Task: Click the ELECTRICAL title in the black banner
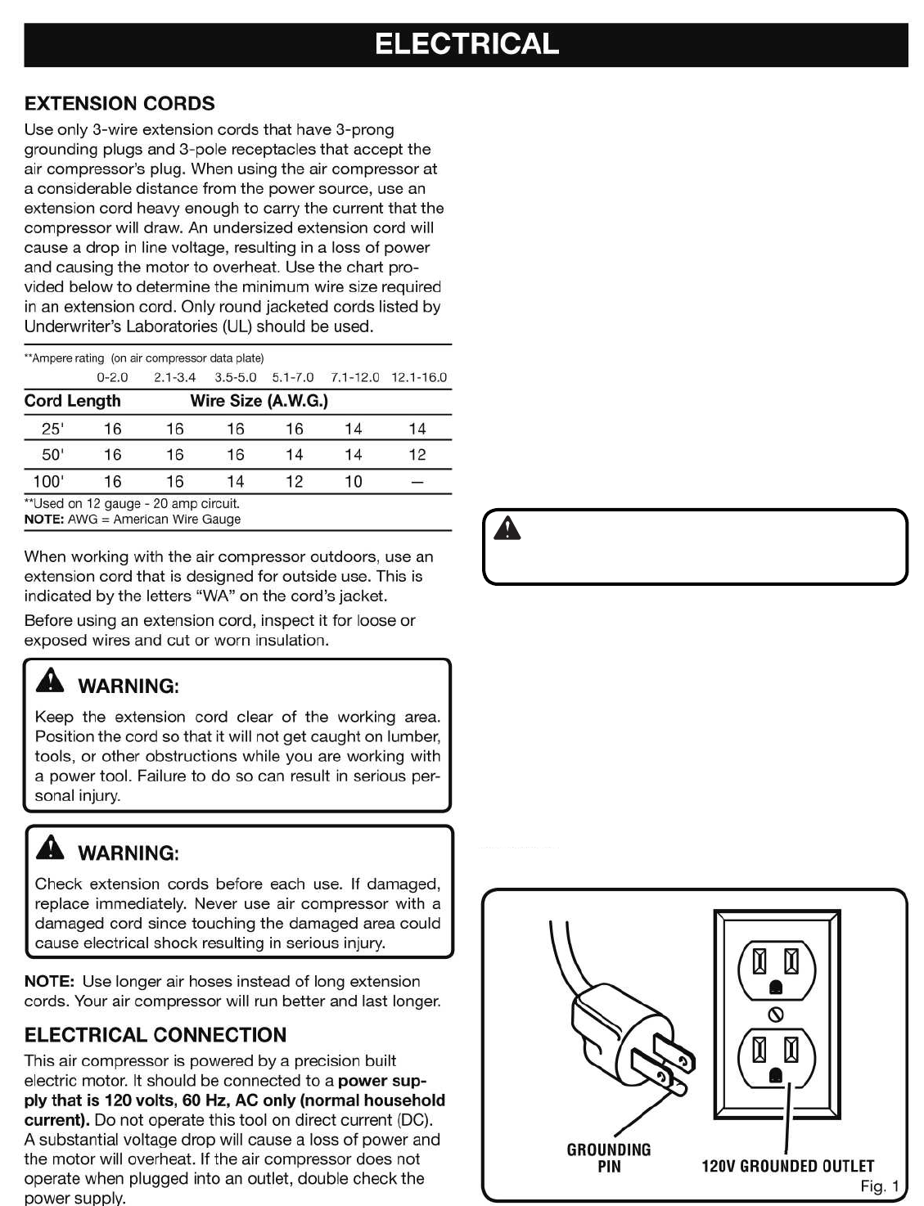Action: tap(467, 44)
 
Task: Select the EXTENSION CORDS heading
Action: tap(119, 104)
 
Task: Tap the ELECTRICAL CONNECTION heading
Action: tap(156, 1035)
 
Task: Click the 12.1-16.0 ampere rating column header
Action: tap(419, 378)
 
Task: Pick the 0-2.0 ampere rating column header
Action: tap(112, 378)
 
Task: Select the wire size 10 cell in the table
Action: tap(353, 482)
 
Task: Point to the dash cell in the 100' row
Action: tap(417, 482)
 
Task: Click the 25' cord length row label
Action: tap(52, 429)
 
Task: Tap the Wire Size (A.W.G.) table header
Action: tap(259, 401)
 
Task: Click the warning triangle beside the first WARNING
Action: tap(51, 681)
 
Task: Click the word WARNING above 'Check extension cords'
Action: tap(128, 853)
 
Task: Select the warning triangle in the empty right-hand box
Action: tap(508, 530)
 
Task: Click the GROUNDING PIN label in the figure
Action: tap(609, 1158)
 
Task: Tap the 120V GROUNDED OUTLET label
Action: tap(788, 1166)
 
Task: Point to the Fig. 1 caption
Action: tap(880, 1186)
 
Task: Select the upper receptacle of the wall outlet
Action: tap(777, 965)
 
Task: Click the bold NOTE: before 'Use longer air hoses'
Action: tap(50, 982)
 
